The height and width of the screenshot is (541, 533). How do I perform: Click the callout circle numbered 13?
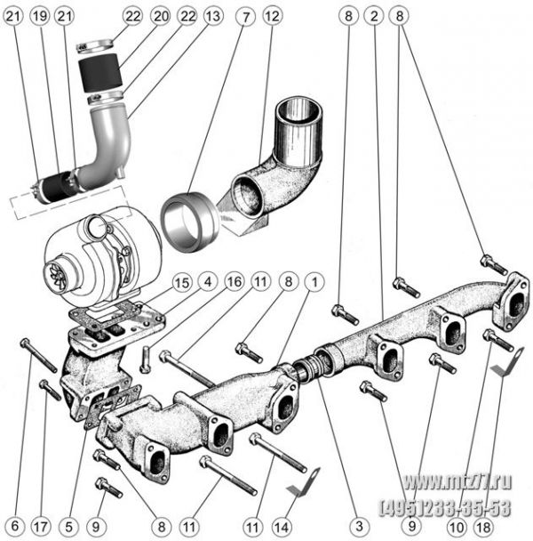pyautogui.click(x=213, y=16)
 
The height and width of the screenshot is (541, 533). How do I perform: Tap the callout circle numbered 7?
pyautogui.click(x=245, y=17)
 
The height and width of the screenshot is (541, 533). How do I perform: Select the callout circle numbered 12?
pyautogui.click(x=273, y=16)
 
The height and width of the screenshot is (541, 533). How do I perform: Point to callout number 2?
pyautogui.click(x=375, y=16)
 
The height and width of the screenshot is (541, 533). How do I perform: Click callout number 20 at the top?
pyautogui.click(x=160, y=16)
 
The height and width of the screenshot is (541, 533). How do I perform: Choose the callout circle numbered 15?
pyautogui.click(x=181, y=283)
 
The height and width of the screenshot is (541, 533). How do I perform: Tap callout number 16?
pyautogui.click(x=235, y=282)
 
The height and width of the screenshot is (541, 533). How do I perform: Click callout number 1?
pyautogui.click(x=314, y=282)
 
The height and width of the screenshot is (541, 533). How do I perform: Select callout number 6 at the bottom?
pyautogui.click(x=15, y=526)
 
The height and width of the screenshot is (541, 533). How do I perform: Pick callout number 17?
pyautogui.click(x=41, y=527)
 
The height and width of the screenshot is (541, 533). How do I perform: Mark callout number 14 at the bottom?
pyautogui.click(x=281, y=527)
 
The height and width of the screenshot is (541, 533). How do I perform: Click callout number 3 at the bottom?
pyautogui.click(x=360, y=526)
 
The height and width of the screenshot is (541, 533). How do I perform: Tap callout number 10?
pyautogui.click(x=457, y=527)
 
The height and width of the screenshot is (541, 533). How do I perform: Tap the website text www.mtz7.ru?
pyautogui.click(x=457, y=482)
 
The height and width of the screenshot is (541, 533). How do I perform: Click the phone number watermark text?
pyautogui.click(x=445, y=508)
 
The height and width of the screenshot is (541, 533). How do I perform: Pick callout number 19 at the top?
pyautogui.click(x=39, y=16)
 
